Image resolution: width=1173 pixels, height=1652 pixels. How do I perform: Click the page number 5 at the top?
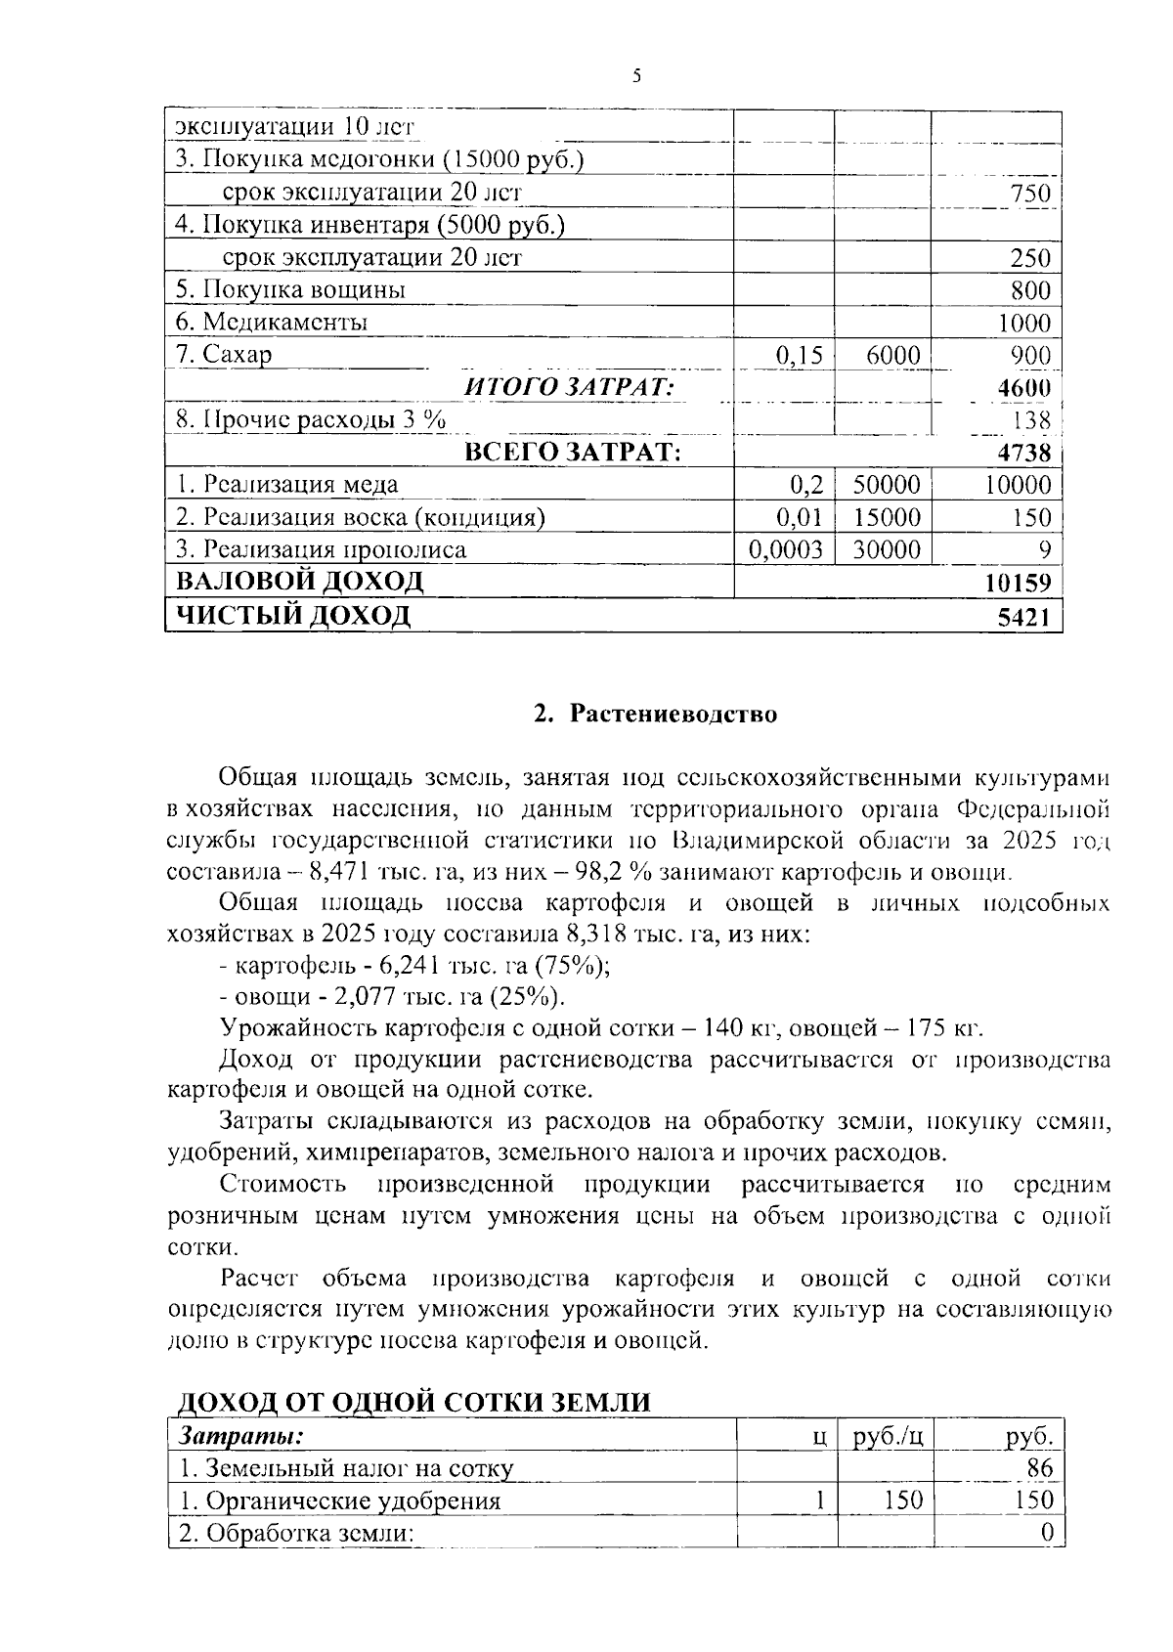pyautogui.click(x=636, y=75)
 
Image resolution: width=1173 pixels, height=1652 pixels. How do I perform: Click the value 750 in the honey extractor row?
pyautogui.click(x=1030, y=194)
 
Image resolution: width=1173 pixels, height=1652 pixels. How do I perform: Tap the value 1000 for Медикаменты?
pyautogui.click(x=1023, y=323)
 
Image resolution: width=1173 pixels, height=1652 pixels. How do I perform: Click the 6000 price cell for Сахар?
pyautogui.click(x=892, y=356)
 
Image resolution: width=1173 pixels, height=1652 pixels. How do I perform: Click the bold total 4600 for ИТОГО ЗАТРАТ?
pyautogui.click(x=1023, y=388)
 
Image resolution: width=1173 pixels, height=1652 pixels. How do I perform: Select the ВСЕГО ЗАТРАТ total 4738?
pyautogui.click(x=1023, y=454)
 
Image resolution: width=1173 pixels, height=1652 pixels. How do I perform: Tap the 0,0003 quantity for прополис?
pyautogui.click(x=785, y=550)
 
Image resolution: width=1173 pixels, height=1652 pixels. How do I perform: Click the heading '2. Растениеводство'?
pyautogui.click(x=655, y=714)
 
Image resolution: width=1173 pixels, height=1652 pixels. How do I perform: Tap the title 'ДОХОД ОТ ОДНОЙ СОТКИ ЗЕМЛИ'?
pyautogui.click(x=413, y=1402)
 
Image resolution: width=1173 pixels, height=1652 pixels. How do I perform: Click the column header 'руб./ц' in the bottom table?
pyautogui.click(x=888, y=1436)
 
